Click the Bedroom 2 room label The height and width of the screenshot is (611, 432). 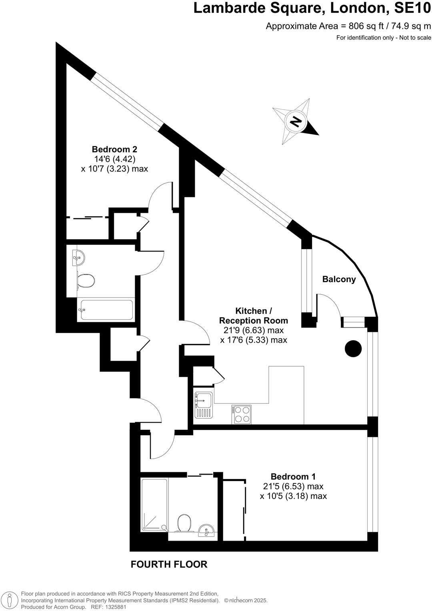(114, 149)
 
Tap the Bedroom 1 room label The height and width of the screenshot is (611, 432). (293, 476)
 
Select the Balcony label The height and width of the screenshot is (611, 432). (339, 279)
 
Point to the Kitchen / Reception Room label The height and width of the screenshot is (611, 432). (254, 315)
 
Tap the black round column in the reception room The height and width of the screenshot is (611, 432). (353, 348)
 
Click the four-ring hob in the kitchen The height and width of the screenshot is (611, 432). (241, 414)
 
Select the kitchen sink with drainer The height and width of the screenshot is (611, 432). (204, 405)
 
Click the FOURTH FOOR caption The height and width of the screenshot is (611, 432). (169, 564)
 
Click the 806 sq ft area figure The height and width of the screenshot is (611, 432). (361, 26)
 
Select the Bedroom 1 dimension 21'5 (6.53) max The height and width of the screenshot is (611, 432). (293, 486)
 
